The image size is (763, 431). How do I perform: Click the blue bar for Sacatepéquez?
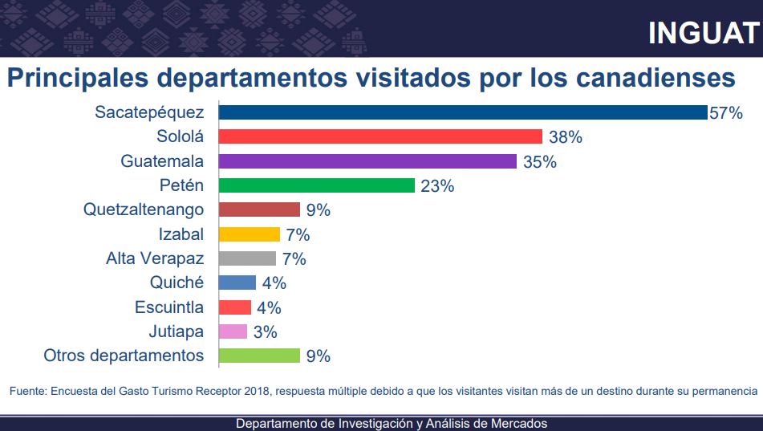tap(462, 112)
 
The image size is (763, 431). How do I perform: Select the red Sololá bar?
tap(380, 136)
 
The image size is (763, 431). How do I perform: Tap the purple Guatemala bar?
tap(367, 161)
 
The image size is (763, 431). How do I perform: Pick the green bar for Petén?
tap(317, 185)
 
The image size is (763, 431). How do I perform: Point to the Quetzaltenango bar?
tap(259, 210)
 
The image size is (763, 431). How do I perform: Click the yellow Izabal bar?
tap(250, 234)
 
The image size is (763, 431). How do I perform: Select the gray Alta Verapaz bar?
tap(247, 258)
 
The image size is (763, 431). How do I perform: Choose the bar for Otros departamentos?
tap(259, 356)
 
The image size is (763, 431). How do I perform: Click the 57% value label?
tap(726, 113)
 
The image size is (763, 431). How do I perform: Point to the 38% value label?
tap(566, 137)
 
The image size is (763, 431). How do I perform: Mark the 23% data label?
tap(437, 186)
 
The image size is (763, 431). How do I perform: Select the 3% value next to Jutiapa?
tap(266, 332)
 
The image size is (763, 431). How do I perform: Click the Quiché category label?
tap(177, 283)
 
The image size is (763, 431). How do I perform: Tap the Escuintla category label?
tap(168, 307)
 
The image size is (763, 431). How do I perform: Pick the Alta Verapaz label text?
tap(155, 258)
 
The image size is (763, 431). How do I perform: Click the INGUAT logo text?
tap(703, 33)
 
